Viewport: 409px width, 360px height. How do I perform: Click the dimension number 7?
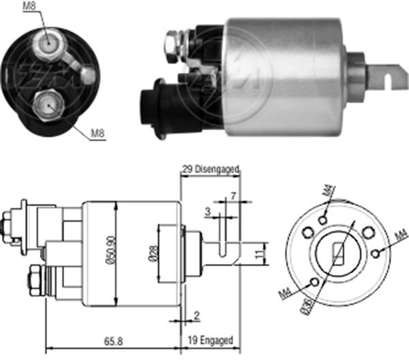(x=233, y=196)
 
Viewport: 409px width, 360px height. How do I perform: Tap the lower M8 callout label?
(x=98, y=133)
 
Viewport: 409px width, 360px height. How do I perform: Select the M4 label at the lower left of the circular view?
(x=284, y=294)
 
